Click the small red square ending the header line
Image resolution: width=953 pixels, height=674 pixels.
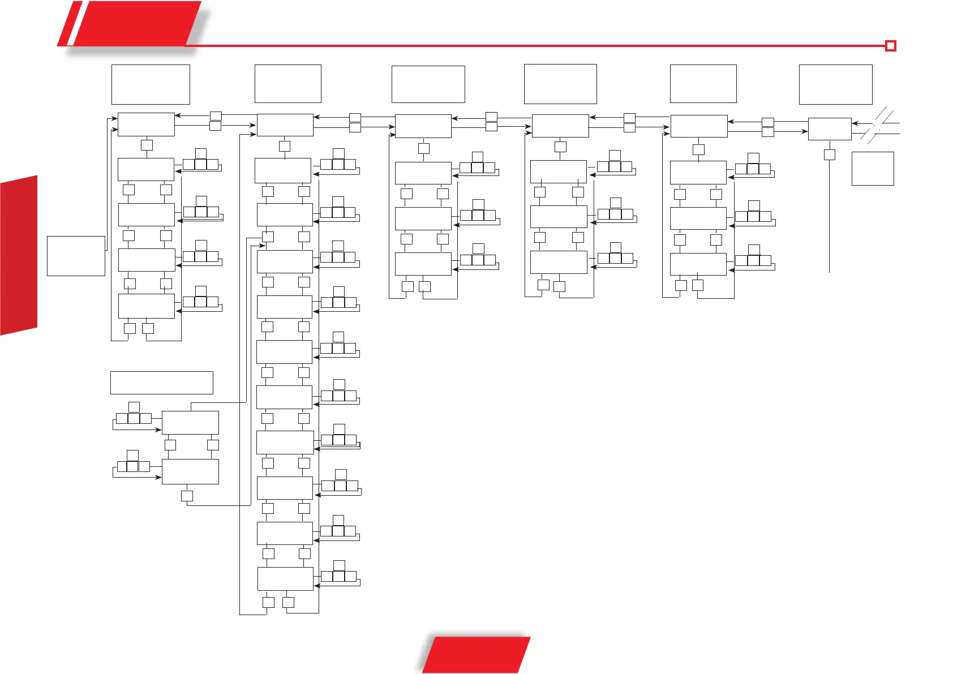pos(890,46)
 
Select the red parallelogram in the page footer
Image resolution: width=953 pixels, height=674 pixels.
pos(477,655)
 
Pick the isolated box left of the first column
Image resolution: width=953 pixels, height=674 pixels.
pos(76,256)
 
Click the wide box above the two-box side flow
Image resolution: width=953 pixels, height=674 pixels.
pos(161,383)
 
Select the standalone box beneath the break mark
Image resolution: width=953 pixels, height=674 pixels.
pos(872,168)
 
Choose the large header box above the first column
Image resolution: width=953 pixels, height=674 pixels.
pos(151,84)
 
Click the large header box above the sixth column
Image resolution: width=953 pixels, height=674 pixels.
pos(835,84)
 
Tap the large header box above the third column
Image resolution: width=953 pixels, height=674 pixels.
pos(428,84)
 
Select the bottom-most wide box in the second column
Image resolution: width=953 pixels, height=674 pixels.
pos(285,578)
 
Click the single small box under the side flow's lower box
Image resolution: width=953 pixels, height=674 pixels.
pos(187,496)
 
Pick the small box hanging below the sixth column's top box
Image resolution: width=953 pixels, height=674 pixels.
pos(829,154)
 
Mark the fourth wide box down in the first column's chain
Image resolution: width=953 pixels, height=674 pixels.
pos(146,306)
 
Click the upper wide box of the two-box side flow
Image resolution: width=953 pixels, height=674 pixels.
pos(190,423)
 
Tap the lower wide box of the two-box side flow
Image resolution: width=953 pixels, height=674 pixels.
pos(190,471)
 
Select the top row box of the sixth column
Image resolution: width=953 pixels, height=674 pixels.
pos(829,129)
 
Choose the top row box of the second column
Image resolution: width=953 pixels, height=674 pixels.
pos(285,125)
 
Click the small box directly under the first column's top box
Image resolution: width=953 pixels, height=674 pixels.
pos(147,145)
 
